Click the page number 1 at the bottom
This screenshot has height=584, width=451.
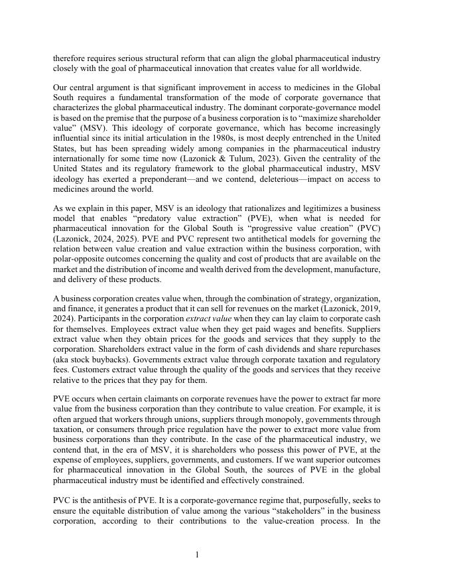pyautogui.click(x=197, y=555)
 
